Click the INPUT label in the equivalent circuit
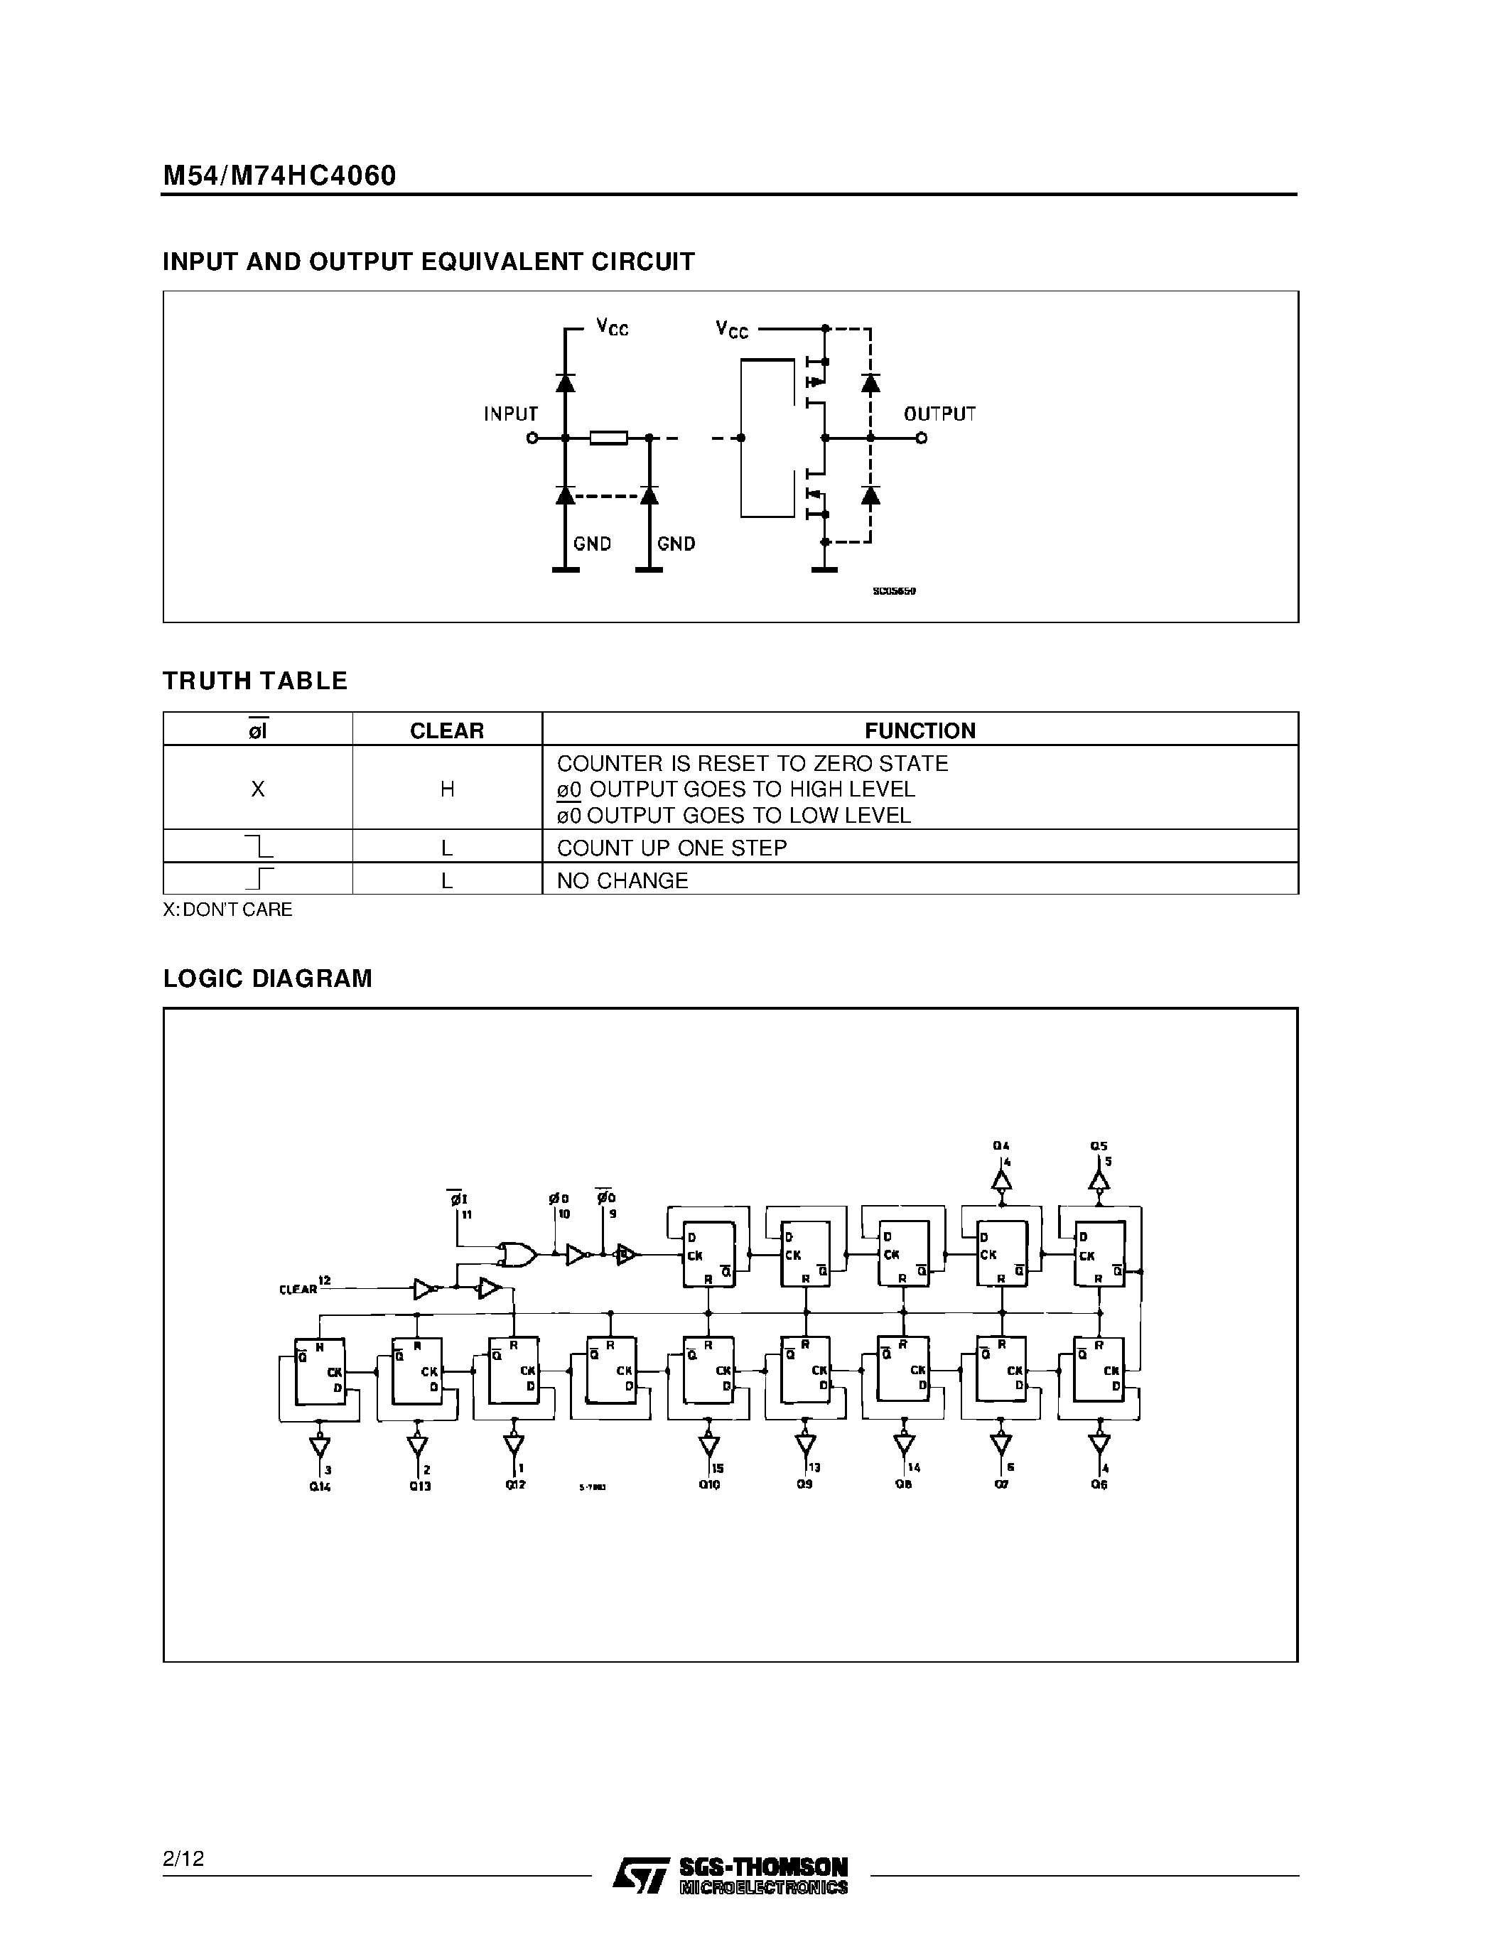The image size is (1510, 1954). [511, 414]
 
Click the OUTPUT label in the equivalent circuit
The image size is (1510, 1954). [939, 414]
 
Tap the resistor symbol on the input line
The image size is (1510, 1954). [608, 438]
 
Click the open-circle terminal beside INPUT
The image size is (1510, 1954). [532, 438]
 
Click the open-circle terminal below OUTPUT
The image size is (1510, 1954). [922, 438]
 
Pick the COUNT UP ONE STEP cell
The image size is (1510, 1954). [672, 847]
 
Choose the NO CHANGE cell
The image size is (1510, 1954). [622, 880]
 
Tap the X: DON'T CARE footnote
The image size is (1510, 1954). [227, 909]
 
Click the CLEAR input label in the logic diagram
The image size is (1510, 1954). [298, 1289]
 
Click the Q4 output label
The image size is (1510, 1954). [1001, 1146]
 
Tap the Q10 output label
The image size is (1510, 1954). [709, 1485]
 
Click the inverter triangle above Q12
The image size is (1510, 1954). [514, 1444]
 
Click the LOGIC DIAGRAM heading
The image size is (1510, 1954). [267, 978]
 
